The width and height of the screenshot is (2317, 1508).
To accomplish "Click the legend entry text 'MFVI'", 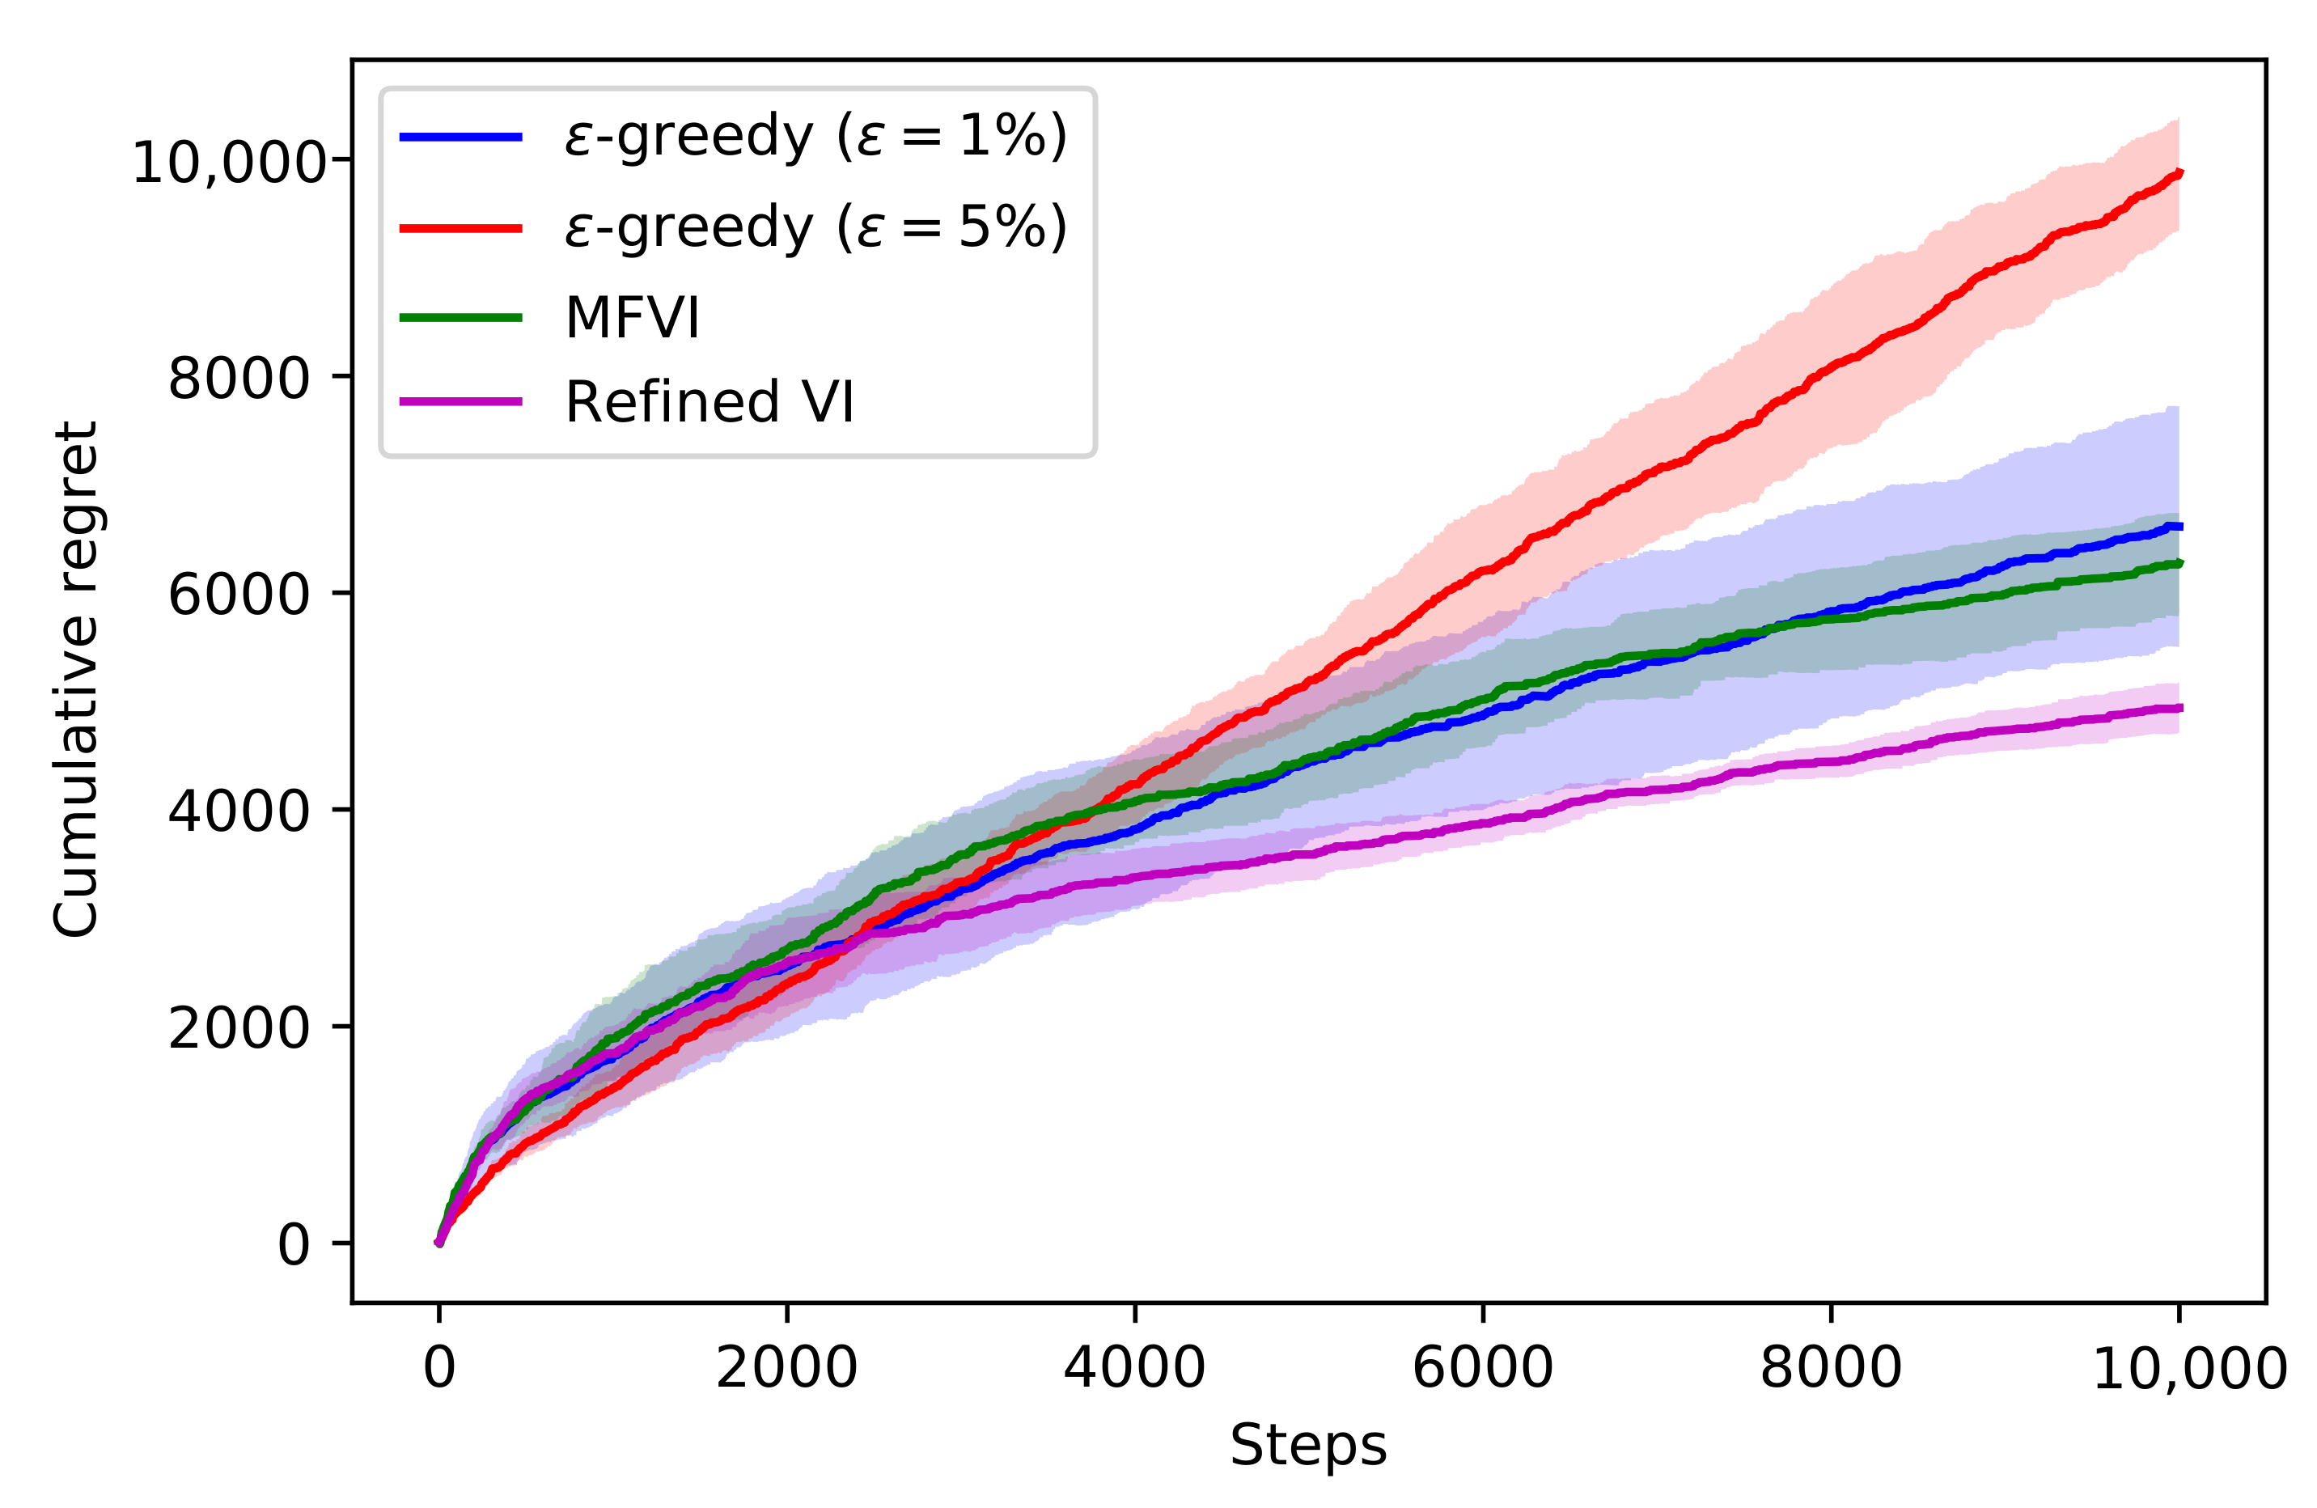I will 632,317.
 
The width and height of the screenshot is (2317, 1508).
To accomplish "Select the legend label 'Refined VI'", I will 709,402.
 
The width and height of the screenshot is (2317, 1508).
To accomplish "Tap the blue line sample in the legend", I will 460,136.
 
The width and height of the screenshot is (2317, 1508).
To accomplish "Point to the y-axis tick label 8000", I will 239,378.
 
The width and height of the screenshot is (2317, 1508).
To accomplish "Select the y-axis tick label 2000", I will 239,1028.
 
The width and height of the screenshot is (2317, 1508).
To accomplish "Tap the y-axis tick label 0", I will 293,1244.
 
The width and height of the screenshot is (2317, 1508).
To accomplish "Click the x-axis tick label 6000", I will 1482,1367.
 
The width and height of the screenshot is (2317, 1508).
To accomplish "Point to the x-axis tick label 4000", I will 1134,1367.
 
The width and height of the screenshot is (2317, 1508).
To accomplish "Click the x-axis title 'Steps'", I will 1307,1446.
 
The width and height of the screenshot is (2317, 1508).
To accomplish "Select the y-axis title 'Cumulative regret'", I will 76,680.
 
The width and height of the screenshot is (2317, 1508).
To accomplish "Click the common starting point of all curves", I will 439,1242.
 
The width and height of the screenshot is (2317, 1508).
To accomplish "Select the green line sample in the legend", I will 460,317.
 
